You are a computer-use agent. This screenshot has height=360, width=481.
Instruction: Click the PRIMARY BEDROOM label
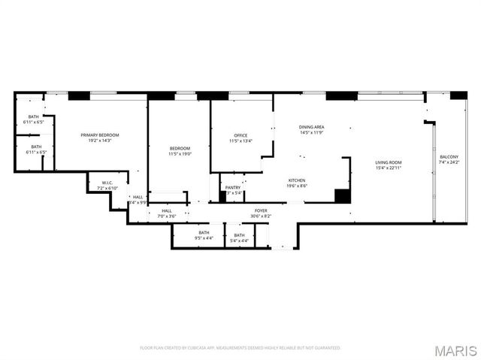pyautogui.click(x=100, y=135)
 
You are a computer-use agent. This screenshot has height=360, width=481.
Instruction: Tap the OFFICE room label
pyautogui.click(x=240, y=135)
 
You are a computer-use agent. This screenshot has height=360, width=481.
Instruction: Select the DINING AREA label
pyautogui.click(x=311, y=128)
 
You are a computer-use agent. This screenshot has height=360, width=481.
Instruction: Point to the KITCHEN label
pyautogui.click(x=298, y=180)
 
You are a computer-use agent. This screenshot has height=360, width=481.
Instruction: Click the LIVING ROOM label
pyautogui.click(x=389, y=162)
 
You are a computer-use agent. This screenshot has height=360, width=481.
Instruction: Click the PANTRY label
pyautogui.click(x=233, y=188)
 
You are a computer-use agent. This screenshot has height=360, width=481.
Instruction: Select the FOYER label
pyautogui.click(x=261, y=210)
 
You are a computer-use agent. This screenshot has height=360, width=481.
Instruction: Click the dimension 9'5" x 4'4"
pyautogui.click(x=204, y=238)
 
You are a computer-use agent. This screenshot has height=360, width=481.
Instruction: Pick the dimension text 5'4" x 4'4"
pyautogui.click(x=239, y=241)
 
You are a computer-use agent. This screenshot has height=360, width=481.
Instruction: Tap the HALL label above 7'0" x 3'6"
pyautogui.click(x=166, y=210)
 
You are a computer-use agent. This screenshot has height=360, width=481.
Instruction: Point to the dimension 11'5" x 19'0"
pyautogui.click(x=180, y=153)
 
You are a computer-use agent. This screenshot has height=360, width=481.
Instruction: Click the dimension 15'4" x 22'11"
pyautogui.click(x=389, y=168)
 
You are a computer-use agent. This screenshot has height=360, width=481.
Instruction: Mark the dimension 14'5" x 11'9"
pyautogui.click(x=311, y=133)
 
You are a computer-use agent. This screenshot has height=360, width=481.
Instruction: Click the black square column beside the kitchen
pyautogui.click(x=342, y=195)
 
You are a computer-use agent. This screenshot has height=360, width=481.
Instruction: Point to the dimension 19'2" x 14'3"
pyautogui.click(x=100, y=140)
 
